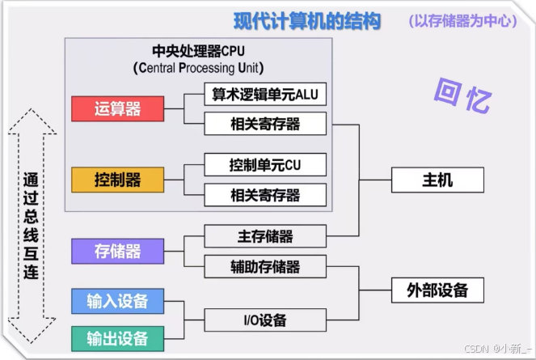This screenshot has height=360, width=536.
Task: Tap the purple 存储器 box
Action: [x=117, y=251]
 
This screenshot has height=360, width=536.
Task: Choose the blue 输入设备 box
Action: [x=117, y=302]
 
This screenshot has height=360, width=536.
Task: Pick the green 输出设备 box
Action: [x=117, y=337]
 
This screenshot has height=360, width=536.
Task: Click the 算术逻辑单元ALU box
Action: [x=265, y=95]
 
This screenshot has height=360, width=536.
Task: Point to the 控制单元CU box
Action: [x=265, y=165]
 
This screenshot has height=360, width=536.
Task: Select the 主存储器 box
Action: [x=265, y=236]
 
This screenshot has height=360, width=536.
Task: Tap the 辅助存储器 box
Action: [x=265, y=266]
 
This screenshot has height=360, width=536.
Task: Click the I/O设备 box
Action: [x=265, y=320]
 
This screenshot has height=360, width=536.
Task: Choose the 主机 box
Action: [x=437, y=180]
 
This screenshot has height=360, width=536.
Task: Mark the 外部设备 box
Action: [x=437, y=290]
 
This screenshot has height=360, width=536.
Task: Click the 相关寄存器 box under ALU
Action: [x=265, y=124]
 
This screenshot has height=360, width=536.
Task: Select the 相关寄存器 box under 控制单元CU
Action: [x=265, y=195]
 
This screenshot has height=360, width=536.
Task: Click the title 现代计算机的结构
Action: [x=306, y=20]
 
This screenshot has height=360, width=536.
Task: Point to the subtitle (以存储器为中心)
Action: [x=462, y=21]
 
